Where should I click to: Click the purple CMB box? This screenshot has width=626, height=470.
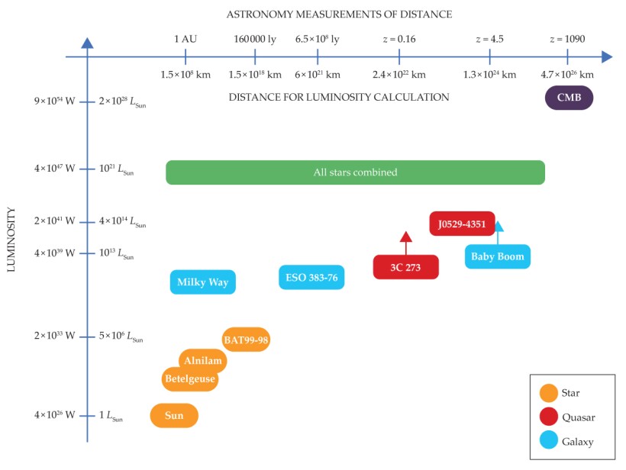click(569, 98)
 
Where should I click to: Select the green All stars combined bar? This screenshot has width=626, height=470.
click(355, 172)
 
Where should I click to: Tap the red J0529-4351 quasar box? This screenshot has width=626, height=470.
click(462, 224)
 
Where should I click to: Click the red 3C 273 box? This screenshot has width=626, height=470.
click(405, 267)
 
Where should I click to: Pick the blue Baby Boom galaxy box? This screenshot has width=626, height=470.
click(497, 256)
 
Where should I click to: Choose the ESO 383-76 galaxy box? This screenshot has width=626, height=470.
click(311, 278)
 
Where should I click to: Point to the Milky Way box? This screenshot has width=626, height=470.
click(202, 282)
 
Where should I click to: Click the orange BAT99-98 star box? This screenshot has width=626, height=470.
click(246, 339)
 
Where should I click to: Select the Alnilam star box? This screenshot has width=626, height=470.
click(202, 361)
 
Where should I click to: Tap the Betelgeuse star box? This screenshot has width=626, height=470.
click(190, 378)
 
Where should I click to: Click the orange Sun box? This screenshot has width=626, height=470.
click(174, 416)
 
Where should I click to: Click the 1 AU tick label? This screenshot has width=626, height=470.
click(186, 39)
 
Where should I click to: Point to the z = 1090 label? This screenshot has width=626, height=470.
click(567, 39)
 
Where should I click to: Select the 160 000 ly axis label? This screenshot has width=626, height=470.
click(254, 39)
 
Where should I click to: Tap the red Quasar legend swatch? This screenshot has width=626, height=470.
click(548, 417)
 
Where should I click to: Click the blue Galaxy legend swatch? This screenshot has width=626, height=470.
click(548, 441)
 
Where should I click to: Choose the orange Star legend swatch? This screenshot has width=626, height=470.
click(548, 393)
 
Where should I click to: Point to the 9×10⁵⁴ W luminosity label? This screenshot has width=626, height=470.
click(54, 101)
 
